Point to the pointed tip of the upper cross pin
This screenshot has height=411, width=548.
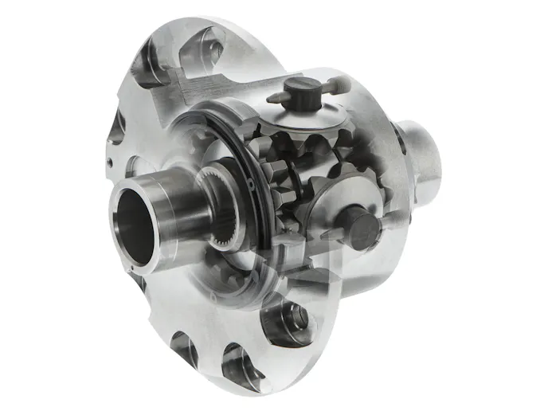click(x=269, y=99)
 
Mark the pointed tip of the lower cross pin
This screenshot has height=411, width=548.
click(x=328, y=235)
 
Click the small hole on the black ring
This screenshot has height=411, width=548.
click(x=249, y=186)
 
